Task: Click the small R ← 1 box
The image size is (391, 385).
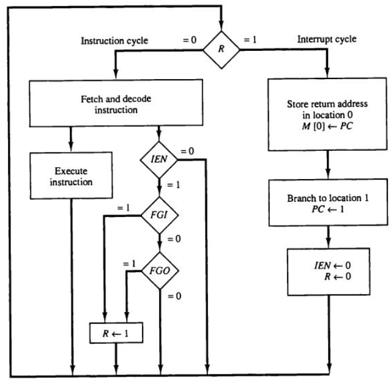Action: [117, 334]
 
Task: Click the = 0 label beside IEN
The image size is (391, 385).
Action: [187, 151]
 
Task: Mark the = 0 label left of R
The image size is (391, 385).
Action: [191, 39]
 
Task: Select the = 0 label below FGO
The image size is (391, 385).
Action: [174, 297]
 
